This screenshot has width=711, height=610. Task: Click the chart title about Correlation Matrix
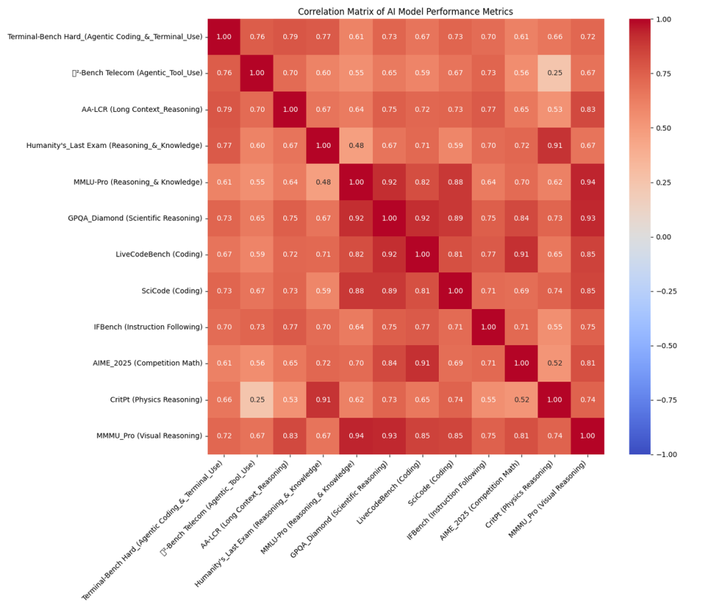coord(406,11)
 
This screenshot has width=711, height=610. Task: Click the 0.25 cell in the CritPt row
coord(258,399)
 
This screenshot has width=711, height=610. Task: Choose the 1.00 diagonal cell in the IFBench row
coord(489,327)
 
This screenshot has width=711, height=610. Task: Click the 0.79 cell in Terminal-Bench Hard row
coord(291,36)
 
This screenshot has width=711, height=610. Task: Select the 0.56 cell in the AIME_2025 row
coord(258,363)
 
